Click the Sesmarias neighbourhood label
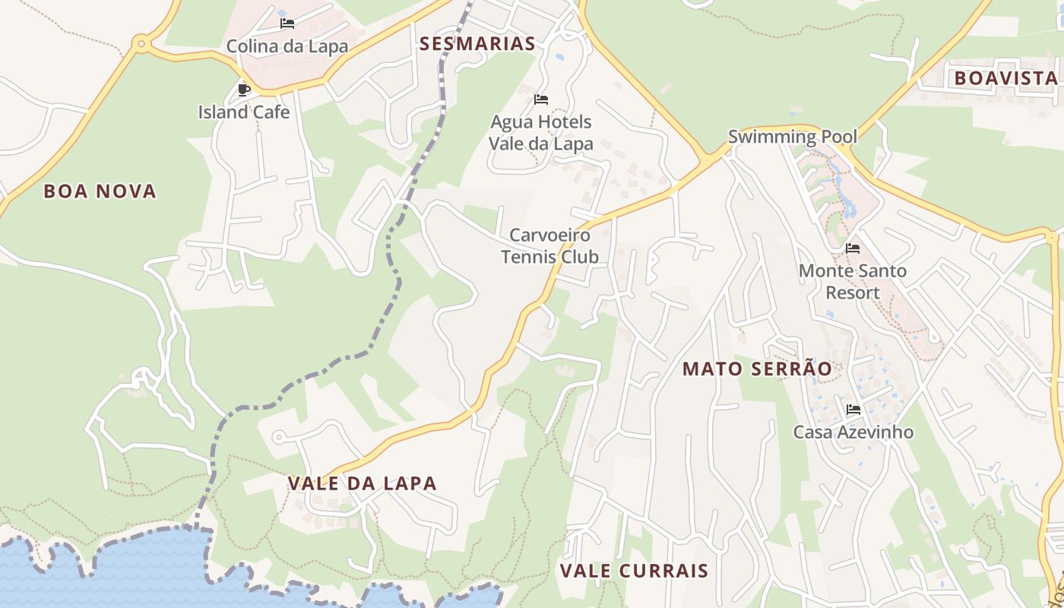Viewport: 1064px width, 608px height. (477, 43)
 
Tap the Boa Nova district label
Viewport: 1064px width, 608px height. (100, 191)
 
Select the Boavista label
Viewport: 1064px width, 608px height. (1005, 78)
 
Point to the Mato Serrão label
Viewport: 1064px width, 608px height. (757, 369)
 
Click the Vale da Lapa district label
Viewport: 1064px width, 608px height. (363, 483)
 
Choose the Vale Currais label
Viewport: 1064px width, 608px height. (634, 570)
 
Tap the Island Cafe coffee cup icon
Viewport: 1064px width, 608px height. (244, 90)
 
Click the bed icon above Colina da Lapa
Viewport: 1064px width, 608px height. (287, 24)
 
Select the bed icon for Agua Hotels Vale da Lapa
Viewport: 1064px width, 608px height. (541, 100)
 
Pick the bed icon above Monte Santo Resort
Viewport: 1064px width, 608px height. (853, 249)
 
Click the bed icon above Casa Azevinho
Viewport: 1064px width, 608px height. (853, 410)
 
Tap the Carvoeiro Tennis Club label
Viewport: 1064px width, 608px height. (549, 245)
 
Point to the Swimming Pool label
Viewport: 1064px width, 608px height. (792, 137)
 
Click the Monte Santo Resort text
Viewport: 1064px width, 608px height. (852, 281)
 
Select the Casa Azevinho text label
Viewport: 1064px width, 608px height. (853, 432)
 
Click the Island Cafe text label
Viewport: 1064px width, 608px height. (244, 112)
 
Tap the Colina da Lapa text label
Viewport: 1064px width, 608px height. (287, 46)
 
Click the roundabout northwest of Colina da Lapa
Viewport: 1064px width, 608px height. (140, 44)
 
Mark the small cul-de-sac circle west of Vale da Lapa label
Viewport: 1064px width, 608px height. (279, 437)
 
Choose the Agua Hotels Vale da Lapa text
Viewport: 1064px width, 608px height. (540, 132)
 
